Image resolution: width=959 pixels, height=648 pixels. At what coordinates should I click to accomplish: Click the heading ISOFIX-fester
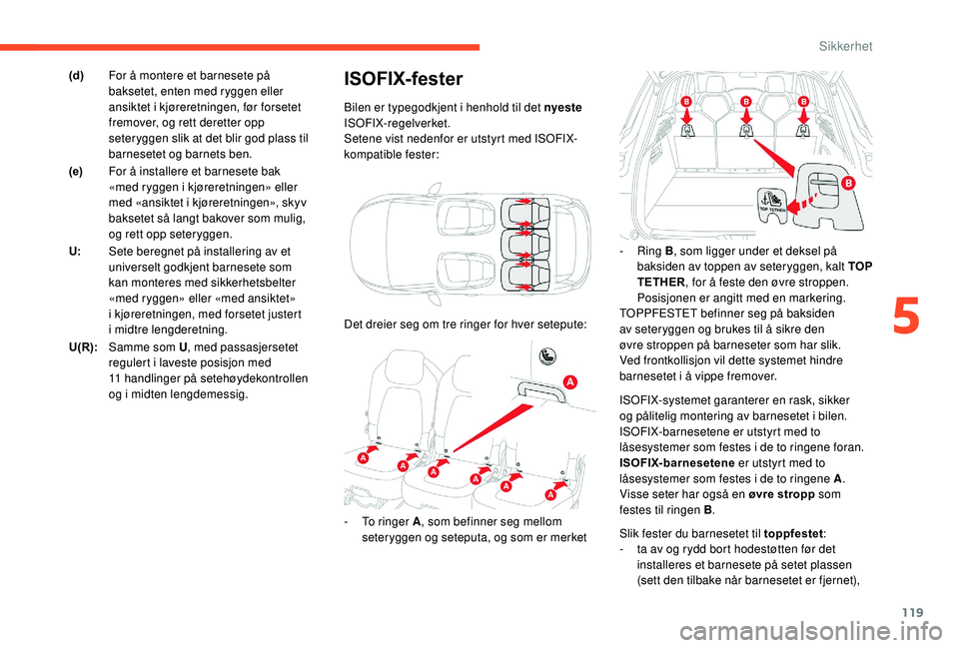(x=403, y=78)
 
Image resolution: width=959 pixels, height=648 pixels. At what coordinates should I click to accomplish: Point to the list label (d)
(x=77, y=75)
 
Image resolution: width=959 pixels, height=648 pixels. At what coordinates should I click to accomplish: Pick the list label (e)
(x=77, y=171)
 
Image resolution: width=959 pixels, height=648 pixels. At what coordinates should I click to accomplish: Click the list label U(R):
(x=83, y=344)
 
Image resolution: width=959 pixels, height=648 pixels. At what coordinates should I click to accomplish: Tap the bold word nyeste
(x=564, y=107)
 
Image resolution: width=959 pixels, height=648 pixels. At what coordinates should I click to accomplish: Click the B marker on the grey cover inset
(x=847, y=184)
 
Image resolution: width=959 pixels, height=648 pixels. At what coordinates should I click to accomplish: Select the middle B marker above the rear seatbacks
(x=745, y=103)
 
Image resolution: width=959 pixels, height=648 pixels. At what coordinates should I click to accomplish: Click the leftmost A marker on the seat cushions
(x=364, y=456)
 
